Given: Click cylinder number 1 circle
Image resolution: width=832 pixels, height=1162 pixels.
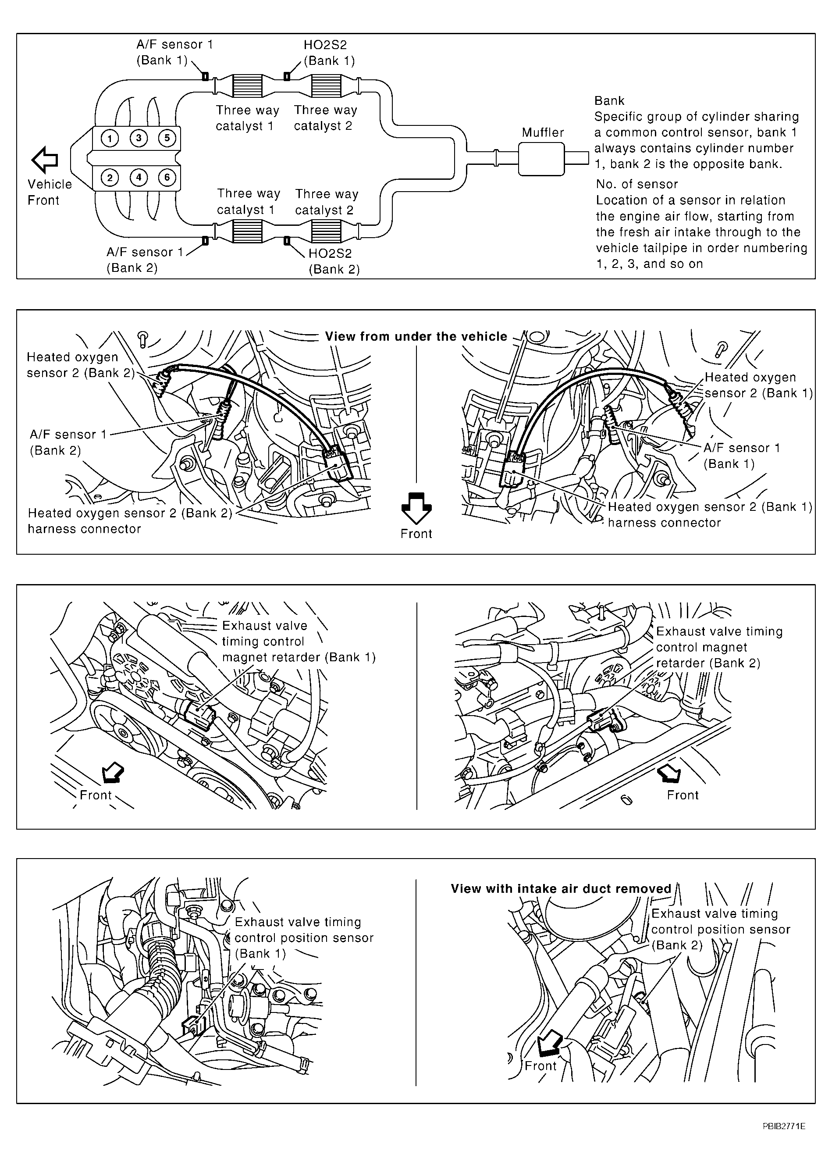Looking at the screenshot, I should click(x=110, y=138).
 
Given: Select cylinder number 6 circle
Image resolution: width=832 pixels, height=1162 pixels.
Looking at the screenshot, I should click(x=167, y=178).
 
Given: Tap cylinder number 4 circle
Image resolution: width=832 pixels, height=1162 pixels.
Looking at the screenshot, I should click(x=139, y=178).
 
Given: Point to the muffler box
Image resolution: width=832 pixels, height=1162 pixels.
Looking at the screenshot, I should click(x=541, y=158).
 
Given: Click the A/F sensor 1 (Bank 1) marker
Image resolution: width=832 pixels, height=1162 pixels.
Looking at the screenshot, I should click(x=205, y=76).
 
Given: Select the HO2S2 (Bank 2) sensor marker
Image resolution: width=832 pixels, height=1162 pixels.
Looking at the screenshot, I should click(x=287, y=240).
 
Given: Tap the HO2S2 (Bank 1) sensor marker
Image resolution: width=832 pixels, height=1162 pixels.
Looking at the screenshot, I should click(x=287, y=76).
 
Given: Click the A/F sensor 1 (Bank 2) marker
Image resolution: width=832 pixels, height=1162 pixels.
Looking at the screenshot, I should click(x=205, y=240).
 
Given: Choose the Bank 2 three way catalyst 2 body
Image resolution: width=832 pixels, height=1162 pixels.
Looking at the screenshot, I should click(x=326, y=231).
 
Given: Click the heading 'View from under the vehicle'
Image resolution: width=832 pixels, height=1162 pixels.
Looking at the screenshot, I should click(x=416, y=337).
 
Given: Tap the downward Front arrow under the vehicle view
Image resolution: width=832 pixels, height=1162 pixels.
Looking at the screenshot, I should click(x=416, y=507).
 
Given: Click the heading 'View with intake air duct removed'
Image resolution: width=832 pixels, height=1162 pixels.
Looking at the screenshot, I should click(x=561, y=889).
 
